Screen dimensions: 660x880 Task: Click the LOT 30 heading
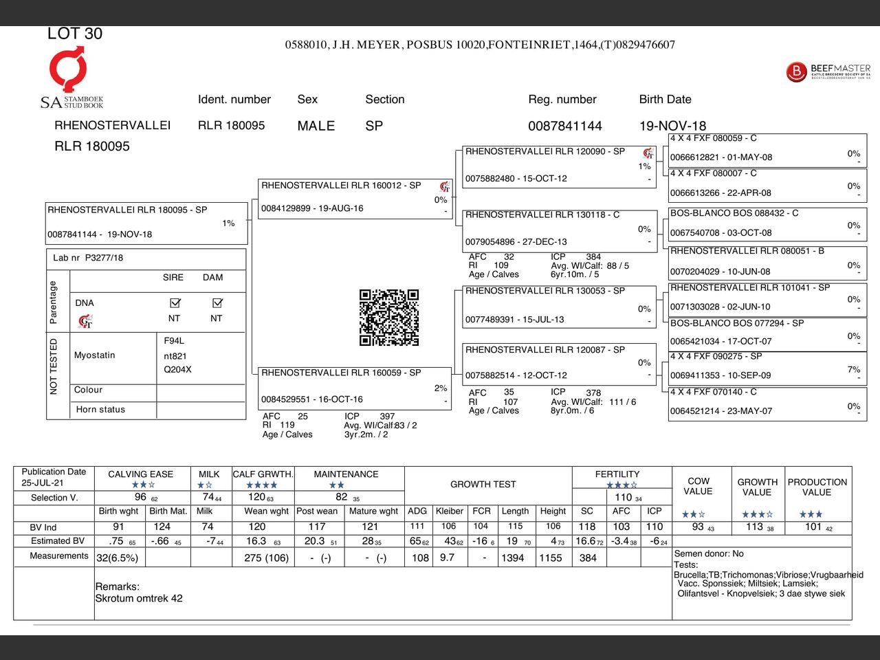pos(75,34)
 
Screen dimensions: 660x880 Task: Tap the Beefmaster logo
pos(828,71)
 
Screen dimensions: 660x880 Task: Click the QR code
pos(388,317)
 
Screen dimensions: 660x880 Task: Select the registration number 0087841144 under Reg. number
pos(564,126)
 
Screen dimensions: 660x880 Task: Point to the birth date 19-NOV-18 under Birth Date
pos(672,126)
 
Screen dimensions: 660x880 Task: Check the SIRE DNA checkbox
pos(175,302)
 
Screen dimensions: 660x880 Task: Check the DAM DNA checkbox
pos(217,302)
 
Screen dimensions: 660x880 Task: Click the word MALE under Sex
pos(316,126)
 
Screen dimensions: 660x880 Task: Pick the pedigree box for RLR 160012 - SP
pos(355,199)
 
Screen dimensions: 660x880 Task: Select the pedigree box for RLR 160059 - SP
pos(353,388)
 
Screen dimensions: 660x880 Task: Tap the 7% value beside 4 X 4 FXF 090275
pos(854,370)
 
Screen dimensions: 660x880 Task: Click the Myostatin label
pos(95,355)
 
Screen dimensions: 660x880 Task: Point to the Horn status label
pos(100,409)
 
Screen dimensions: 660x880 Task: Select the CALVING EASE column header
pos(140,474)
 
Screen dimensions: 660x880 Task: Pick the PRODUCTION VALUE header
pos(817,487)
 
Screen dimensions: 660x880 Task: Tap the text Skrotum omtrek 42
pos(139,598)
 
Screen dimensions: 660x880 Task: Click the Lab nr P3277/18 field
pos(88,258)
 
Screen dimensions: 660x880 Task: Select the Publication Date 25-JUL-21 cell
pos(54,477)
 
